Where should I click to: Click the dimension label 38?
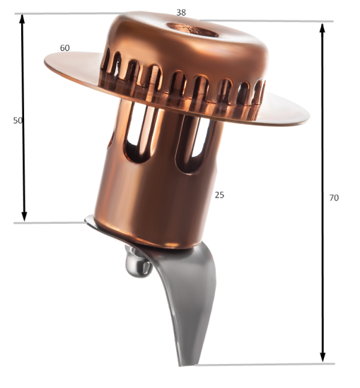[x=181, y=13]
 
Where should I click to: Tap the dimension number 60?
[x=65, y=48]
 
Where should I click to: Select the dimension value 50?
[x=18, y=120]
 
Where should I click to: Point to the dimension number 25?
[x=219, y=195]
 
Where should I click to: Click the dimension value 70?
[x=334, y=198]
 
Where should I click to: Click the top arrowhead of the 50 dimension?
[x=23, y=19]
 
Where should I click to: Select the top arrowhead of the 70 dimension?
[x=323, y=28]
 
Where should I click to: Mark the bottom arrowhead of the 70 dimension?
[x=323, y=357]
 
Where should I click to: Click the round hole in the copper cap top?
[x=192, y=30]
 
